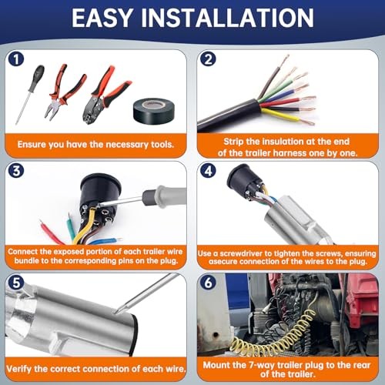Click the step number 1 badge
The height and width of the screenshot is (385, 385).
pyautogui.click(x=16, y=59)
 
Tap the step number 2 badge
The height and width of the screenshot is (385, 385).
pyautogui.click(x=208, y=59)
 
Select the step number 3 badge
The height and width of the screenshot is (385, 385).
pyautogui.click(x=16, y=171)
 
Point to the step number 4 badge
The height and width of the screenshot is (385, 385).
pyautogui.click(x=208, y=171)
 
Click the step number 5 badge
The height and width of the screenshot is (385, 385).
pyautogui.click(x=16, y=283)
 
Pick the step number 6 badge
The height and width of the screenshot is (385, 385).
pyautogui.click(x=208, y=283)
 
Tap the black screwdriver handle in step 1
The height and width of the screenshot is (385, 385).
pyautogui.click(x=37, y=78)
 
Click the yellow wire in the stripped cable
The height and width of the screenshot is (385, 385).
pyautogui.click(x=280, y=115)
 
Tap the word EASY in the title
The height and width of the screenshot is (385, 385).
pyautogui.click(x=102, y=18)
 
